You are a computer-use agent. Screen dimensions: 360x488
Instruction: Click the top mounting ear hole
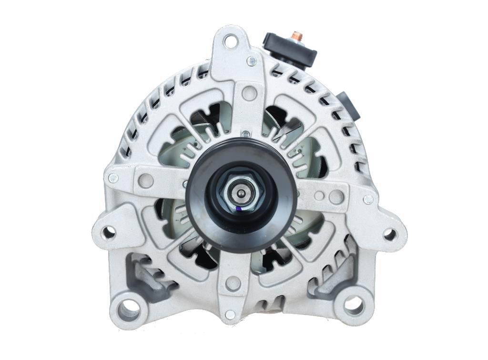tap(231, 41)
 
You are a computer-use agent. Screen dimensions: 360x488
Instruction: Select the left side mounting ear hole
tap(109, 232)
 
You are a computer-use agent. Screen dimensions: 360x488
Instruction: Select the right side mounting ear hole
tap(389, 234)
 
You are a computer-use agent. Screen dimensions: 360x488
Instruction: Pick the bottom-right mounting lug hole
tap(354, 305)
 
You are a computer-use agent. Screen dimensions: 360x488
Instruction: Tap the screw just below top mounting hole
tap(252, 61)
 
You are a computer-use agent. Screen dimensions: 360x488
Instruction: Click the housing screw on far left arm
tap(113, 178)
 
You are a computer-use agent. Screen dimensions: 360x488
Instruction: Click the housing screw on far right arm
tap(368, 200)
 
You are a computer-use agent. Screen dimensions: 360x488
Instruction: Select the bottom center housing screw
tap(230, 314)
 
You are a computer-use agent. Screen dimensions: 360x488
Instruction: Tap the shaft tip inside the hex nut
tap(242, 193)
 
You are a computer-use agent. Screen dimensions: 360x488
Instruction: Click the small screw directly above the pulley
tap(245, 134)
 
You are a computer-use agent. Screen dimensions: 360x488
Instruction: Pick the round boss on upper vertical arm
tap(249, 92)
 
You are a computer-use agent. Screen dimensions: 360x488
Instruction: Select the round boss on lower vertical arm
tap(233, 284)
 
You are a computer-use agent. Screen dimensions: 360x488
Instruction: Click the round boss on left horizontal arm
tap(146, 180)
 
